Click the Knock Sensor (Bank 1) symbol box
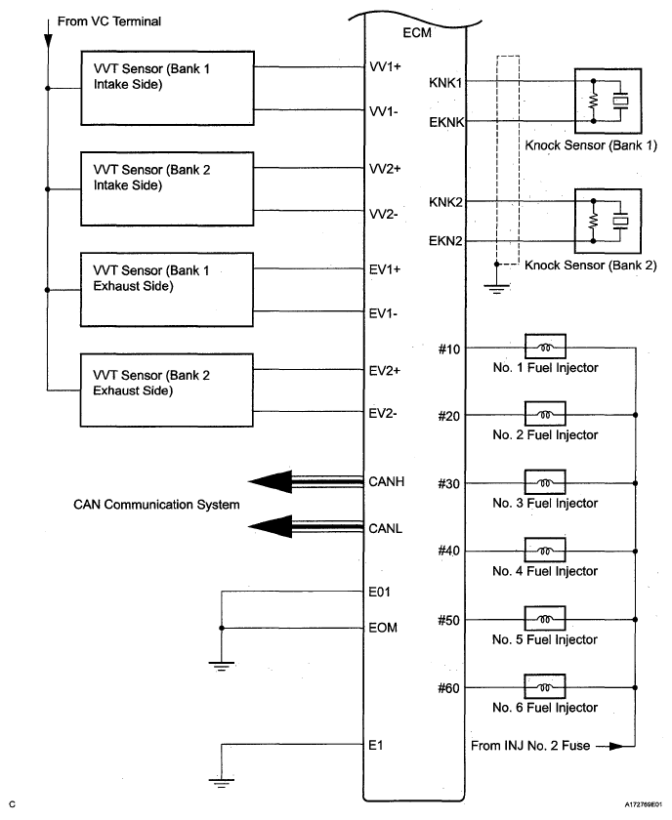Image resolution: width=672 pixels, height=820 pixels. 609,102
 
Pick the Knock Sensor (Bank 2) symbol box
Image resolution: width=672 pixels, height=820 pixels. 609,222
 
